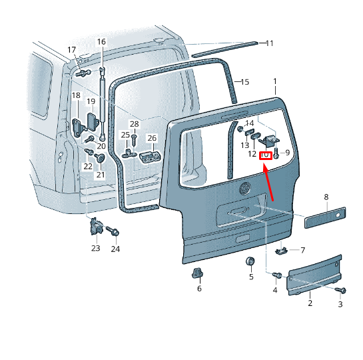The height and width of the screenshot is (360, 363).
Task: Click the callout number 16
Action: (x=101, y=42)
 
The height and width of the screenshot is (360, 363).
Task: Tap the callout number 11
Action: (x=270, y=43)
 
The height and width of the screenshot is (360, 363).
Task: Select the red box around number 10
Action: (x=265, y=155)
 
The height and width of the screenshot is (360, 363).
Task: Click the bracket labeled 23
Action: (x=96, y=226)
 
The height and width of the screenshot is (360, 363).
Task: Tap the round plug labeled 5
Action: (x=250, y=261)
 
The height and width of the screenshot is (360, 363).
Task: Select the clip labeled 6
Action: (x=197, y=273)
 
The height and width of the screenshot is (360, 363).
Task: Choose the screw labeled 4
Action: (x=277, y=275)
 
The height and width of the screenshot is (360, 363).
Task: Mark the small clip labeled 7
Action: (x=281, y=251)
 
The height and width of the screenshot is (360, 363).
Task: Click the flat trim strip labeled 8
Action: (x=325, y=217)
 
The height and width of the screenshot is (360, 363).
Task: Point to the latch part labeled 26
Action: (x=150, y=157)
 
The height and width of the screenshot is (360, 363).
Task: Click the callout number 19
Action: (x=91, y=101)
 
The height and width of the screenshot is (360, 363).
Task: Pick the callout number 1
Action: (x=275, y=81)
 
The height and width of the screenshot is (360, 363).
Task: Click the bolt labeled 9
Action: (x=276, y=153)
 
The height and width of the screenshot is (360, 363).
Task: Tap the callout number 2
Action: (x=310, y=303)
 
